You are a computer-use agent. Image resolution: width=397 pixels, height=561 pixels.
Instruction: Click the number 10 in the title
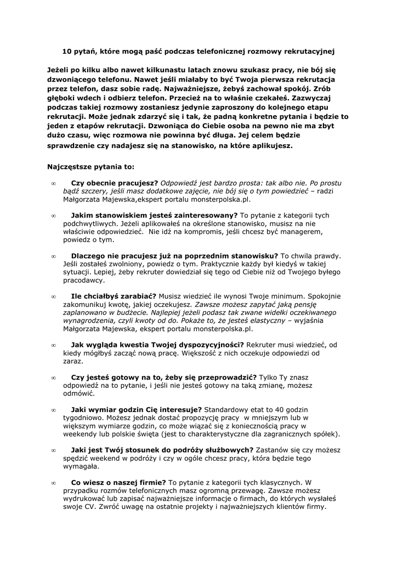coord(66,51)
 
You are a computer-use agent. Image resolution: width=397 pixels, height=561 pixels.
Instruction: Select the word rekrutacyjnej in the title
coord(307,51)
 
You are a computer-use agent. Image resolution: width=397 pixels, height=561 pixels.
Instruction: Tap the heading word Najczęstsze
coord(72,164)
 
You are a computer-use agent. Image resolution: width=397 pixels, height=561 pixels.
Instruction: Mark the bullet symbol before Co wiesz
coord(53,483)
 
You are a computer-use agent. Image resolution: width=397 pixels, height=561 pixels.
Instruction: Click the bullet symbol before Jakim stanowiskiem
coord(53,216)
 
